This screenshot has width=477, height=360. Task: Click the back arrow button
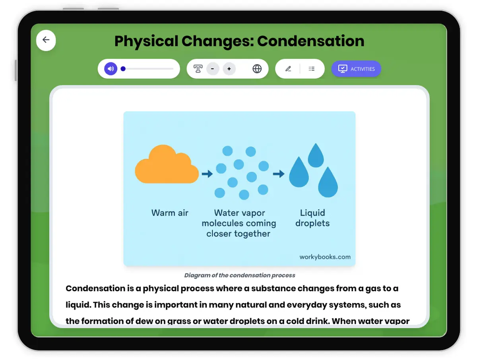pos(46,40)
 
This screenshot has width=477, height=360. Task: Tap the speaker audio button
pos(111,69)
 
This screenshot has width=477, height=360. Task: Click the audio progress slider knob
pos(123,69)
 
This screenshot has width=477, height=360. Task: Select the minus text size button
pos(213,69)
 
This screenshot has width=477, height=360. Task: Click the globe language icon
pos(257,69)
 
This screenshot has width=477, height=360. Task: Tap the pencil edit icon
pos(288,69)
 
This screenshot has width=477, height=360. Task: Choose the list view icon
pos(312,69)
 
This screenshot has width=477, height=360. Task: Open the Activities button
pos(356,69)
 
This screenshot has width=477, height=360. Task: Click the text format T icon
pos(198,69)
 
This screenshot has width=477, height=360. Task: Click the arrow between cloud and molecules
pos(207,174)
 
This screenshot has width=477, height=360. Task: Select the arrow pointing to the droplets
pos(279,174)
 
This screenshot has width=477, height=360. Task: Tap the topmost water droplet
pos(316,156)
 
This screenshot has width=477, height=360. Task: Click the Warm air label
pos(170,213)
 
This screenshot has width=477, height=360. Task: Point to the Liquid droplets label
pos(312,218)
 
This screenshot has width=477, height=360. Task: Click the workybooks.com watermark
pos(325,257)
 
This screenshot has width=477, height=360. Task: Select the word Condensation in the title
pos(311,41)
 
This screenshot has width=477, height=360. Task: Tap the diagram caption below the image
pos(240,275)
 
